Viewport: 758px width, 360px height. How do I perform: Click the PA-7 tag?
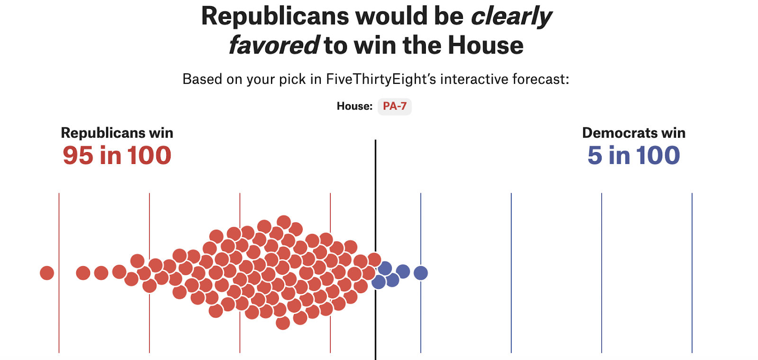pyautogui.click(x=394, y=106)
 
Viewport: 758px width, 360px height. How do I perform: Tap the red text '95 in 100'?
pyautogui.click(x=117, y=155)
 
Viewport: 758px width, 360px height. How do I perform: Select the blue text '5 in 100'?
pyautogui.click(x=633, y=155)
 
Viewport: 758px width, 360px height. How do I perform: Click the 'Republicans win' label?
pyautogui.click(x=117, y=133)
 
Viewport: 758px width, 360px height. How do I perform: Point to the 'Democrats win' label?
pyautogui.click(x=633, y=133)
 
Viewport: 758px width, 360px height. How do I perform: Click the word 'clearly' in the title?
pyautogui.click(x=511, y=17)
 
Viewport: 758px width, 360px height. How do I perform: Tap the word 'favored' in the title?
pyautogui.click(x=274, y=45)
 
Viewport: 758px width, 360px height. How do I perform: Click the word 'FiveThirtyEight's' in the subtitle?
pyautogui.click(x=380, y=79)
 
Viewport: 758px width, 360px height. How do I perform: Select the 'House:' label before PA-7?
pyautogui.click(x=354, y=106)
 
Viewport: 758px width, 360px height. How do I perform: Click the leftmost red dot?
pyautogui.click(x=47, y=273)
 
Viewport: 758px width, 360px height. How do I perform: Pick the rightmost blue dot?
pyautogui.click(x=421, y=273)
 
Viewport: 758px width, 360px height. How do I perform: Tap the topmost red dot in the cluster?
pyautogui.click(x=284, y=222)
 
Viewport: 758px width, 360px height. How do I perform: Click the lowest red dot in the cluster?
pyautogui.click(x=283, y=323)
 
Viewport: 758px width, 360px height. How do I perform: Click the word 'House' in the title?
pyautogui.click(x=486, y=45)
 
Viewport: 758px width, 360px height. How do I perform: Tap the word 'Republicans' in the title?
pyautogui.click(x=275, y=17)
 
